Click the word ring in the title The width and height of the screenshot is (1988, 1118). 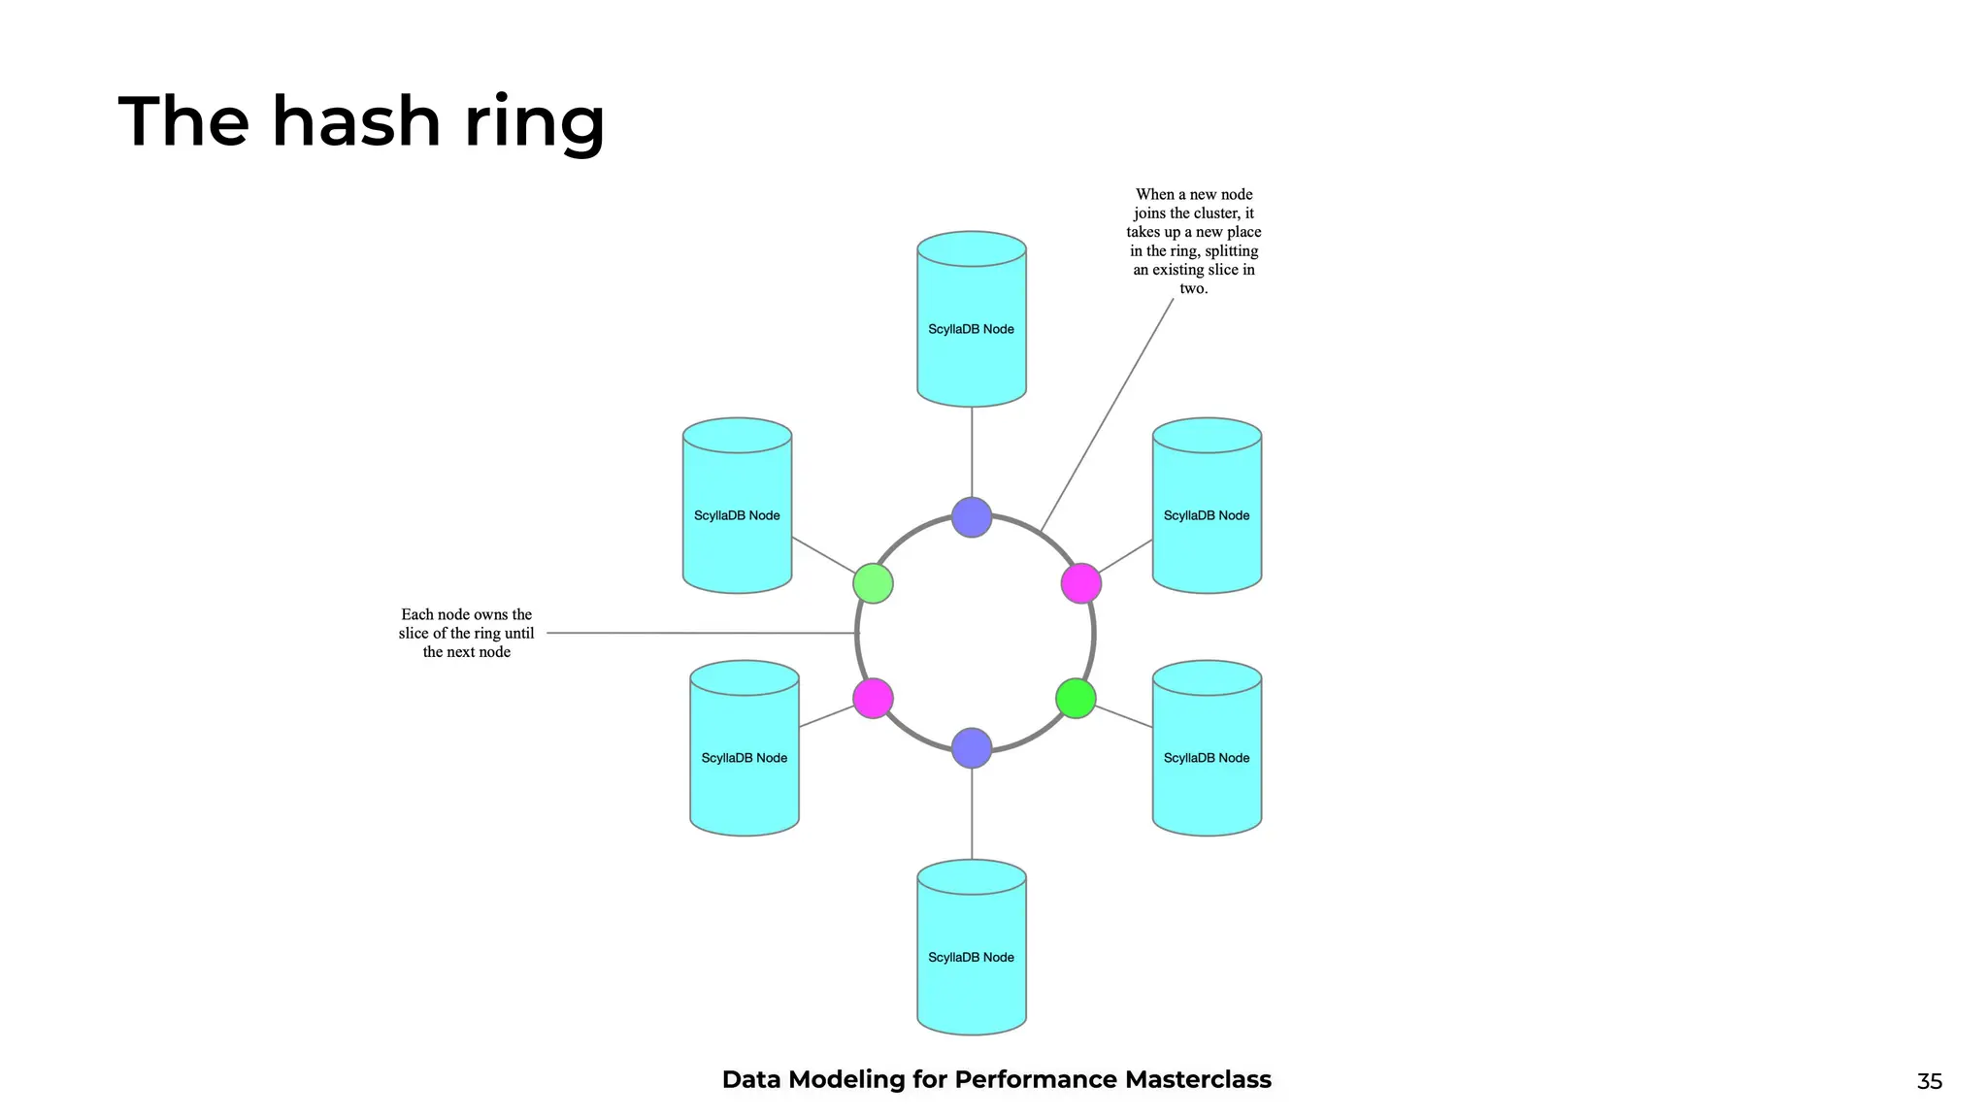534,123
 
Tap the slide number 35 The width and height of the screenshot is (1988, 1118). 1929,1081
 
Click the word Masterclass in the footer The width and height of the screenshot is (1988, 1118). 1198,1079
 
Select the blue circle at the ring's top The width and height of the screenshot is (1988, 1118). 972,517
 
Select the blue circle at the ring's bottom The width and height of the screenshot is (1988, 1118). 972,747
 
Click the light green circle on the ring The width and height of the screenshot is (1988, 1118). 873,583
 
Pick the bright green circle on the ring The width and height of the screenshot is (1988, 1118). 1076,698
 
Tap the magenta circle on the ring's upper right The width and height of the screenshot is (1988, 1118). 1080,583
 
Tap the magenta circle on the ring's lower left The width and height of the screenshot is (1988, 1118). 873,698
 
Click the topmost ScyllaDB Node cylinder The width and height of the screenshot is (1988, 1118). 972,320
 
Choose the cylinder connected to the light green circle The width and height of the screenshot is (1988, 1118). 737,507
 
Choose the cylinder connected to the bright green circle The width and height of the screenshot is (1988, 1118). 1207,749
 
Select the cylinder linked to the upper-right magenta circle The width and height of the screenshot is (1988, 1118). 1207,507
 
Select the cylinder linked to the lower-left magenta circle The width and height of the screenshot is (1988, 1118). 745,749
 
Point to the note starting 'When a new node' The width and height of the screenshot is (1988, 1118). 1194,241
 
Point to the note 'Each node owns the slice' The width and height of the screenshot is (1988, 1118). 466,633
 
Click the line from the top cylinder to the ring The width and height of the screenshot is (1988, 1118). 972,451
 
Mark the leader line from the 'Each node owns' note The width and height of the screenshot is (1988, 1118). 699,633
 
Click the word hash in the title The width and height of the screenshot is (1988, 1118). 356,123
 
